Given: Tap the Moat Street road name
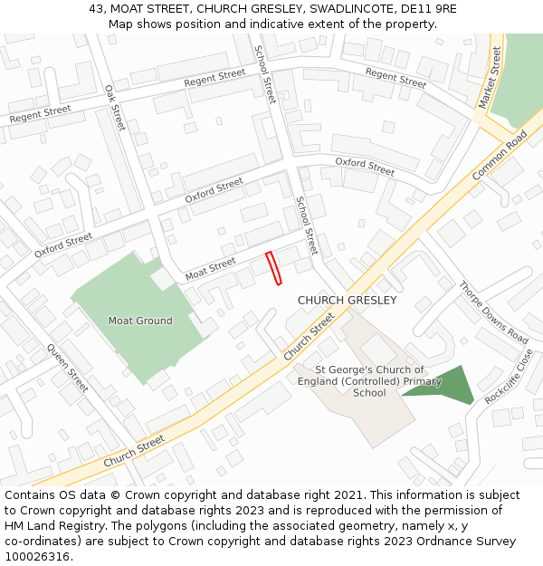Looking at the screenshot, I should [210, 267].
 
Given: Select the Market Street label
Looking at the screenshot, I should [490, 79].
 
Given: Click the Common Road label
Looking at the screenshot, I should [500, 155].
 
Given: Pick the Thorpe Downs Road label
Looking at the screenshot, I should [492, 312].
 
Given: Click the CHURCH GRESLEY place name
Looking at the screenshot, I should [347, 300].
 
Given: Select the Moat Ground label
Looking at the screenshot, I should [140, 321].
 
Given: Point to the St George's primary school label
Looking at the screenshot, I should [369, 381].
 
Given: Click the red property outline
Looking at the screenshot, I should [273, 268].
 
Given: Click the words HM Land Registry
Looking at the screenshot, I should [46, 525].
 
